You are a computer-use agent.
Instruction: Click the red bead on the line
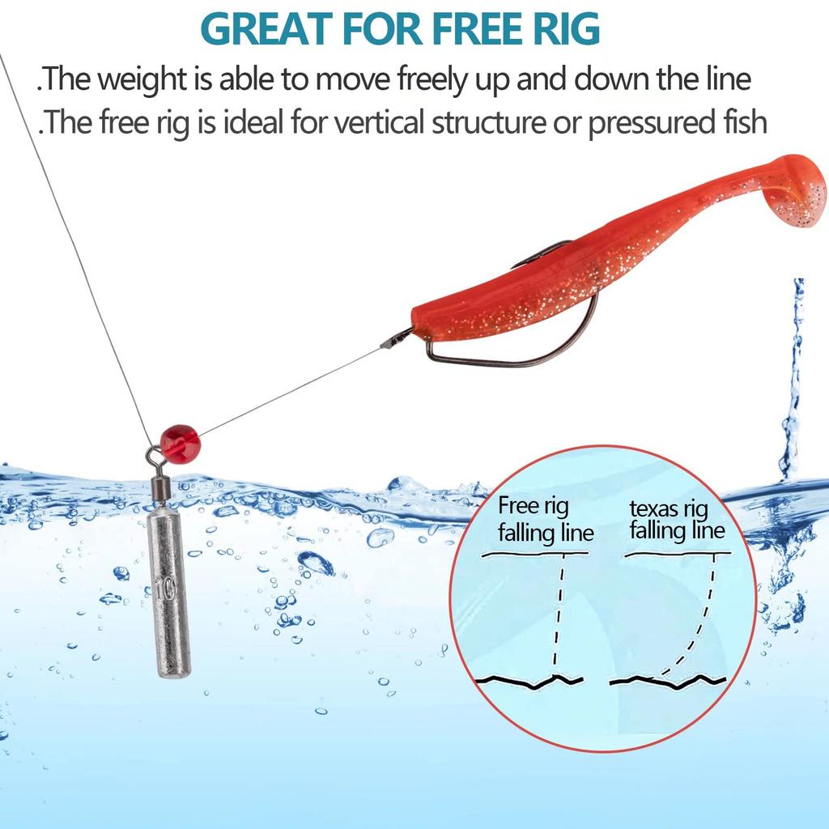[x=179, y=441]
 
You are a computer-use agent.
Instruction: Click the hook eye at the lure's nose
[x=398, y=336]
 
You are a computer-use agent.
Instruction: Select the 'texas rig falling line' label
[x=677, y=520]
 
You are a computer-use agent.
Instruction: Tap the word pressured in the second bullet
[x=647, y=123]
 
